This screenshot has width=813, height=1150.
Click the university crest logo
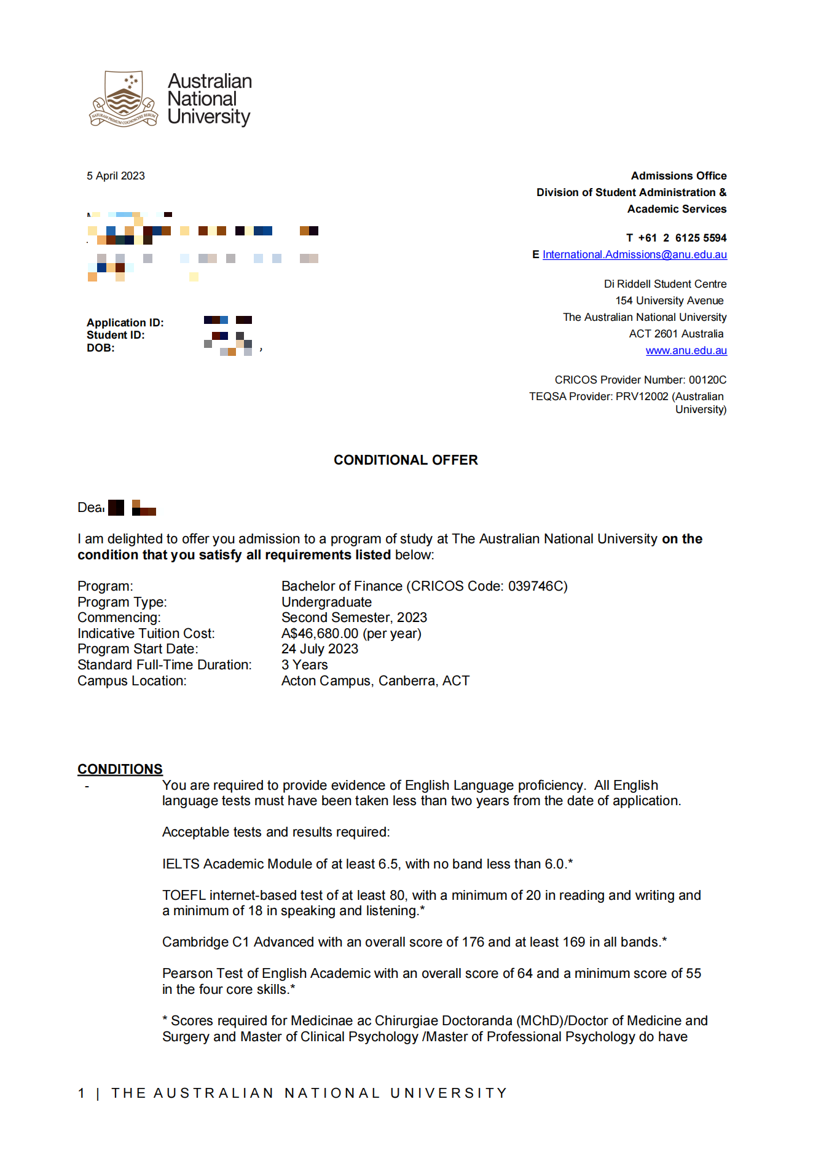[x=124, y=99]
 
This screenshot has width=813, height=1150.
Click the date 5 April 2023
[x=116, y=176]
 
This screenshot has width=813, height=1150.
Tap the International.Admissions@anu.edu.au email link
[x=634, y=254]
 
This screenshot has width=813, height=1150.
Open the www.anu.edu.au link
[x=686, y=350]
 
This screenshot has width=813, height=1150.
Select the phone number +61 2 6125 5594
[x=682, y=238]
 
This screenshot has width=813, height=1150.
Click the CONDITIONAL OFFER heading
[x=406, y=460]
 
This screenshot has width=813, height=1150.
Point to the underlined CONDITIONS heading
[x=120, y=769]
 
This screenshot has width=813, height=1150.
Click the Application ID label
[x=125, y=323]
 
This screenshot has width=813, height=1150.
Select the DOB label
[x=100, y=348]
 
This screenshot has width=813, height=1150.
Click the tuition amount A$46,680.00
[x=320, y=634]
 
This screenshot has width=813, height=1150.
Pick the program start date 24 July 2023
[x=320, y=649]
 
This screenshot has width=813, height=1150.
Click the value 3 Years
[x=304, y=665]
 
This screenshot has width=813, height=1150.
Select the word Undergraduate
[x=326, y=602]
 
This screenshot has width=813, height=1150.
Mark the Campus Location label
[x=132, y=681]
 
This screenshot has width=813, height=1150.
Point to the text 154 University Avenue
[x=669, y=301]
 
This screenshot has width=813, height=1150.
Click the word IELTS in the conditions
[x=181, y=864]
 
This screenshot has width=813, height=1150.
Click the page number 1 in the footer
[x=82, y=1093]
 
